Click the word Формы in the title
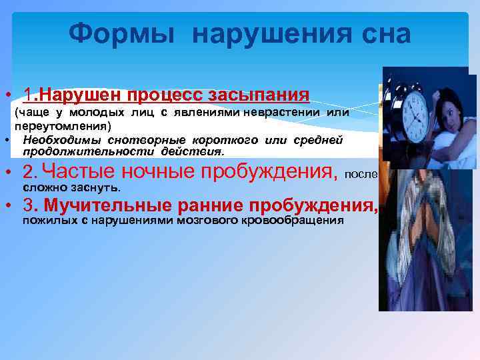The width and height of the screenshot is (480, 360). tap(122, 33)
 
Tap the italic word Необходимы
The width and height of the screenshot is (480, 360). tap(58, 139)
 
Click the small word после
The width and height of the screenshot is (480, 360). tap(361, 175)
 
